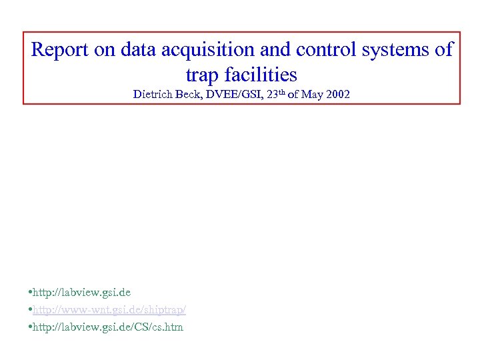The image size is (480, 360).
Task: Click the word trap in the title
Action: tap(201, 74)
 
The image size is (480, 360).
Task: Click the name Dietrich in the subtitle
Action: tap(152, 95)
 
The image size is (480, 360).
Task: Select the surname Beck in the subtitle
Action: tap(189, 95)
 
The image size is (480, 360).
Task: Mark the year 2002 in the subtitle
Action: tap(338, 95)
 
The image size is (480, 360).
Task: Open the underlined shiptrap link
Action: tap(109, 310)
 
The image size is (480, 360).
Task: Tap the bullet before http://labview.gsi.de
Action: tap(31, 293)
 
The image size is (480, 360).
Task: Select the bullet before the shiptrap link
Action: tap(31, 311)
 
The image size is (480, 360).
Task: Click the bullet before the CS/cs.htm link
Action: tap(31, 327)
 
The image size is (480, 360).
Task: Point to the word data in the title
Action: tap(133, 49)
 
